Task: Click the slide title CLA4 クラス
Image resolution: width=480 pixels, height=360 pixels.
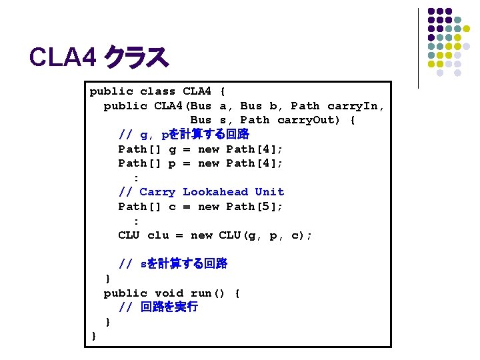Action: click(x=99, y=58)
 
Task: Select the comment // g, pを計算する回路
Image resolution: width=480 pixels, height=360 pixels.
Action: click(x=183, y=135)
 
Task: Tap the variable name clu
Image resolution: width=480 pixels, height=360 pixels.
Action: click(x=158, y=235)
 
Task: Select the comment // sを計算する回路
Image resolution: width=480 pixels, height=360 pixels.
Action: click(x=173, y=264)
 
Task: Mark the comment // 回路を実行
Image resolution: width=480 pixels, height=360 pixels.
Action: click(x=158, y=307)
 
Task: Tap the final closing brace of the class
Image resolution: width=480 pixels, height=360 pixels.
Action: click(x=93, y=336)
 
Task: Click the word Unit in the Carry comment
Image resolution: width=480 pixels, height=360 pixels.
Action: click(x=269, y=192)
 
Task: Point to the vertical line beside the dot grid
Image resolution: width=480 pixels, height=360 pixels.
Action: click(x=418, y=48)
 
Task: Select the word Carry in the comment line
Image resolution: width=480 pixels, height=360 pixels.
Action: click(x=158, y=192)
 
